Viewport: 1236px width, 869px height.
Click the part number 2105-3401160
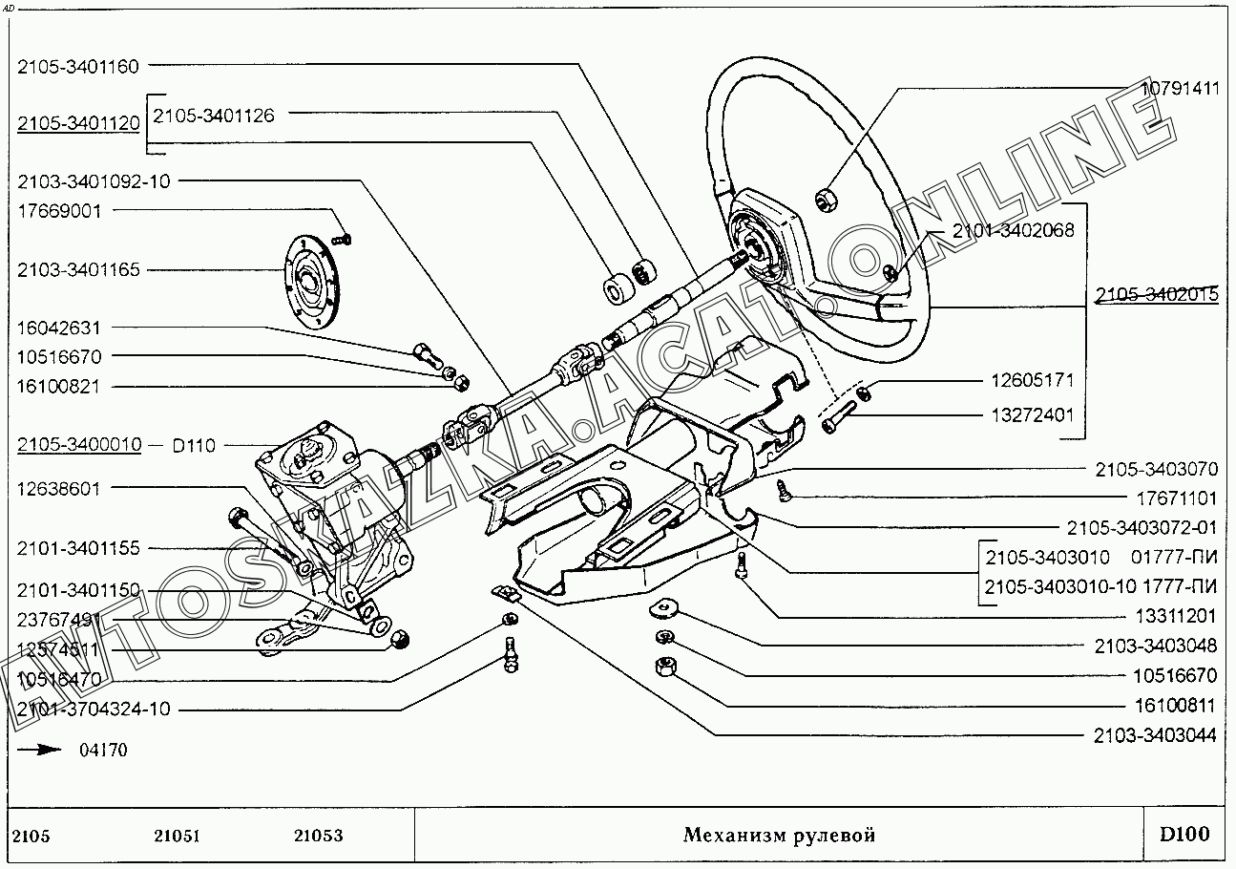[78, 67]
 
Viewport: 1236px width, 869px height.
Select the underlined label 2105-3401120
[78, 123]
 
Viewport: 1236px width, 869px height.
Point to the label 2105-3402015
[1156, 295]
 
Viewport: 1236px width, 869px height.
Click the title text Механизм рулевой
[779, 836]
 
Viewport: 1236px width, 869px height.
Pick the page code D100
[1184, 835]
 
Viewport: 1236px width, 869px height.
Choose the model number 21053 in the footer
[318, 836]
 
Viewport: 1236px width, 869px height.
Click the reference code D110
[194, 445]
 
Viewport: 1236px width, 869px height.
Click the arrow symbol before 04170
[39, 750]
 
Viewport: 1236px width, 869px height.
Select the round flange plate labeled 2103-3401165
[311, 283]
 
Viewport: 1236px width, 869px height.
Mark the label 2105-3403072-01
[1142, 528]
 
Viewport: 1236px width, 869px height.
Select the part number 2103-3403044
[1155, 735]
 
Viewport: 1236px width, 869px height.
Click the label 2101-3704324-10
[94, 709]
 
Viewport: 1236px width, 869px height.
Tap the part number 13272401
[1032, 415]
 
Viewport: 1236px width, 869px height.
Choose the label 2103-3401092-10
[94, 181]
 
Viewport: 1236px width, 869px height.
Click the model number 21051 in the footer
[176, 836]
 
